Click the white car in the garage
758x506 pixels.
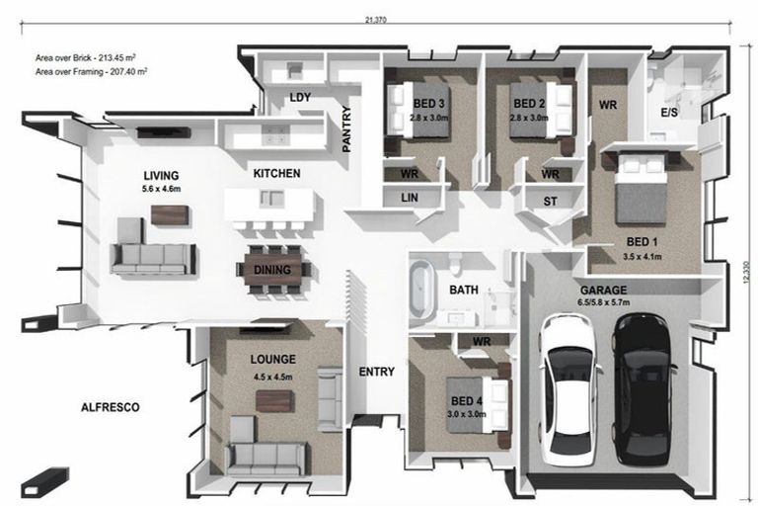click(569, 389)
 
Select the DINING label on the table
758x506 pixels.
click(272, 270)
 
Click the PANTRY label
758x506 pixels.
click(346, 128)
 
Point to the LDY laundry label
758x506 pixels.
click(300, 97)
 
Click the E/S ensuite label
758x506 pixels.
click(669, 113)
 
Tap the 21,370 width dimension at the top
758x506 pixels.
click(376, 20)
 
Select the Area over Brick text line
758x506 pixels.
click(85, 57)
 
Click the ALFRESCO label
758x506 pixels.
click(111, 407)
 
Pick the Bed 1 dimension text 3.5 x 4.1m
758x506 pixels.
click(642, 257)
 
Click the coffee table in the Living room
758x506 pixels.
click(170, 215)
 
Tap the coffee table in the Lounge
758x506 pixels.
click(274, 401)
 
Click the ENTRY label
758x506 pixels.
click(377, 372)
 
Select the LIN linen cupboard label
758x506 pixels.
click(410, 198)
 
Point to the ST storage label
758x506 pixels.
click(550, 202)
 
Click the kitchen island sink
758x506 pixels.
click(270, 199)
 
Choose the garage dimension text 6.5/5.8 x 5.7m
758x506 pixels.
click(603, 302)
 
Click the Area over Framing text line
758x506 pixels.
click(91, 72)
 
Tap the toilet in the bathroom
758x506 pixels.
click(455, 264)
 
